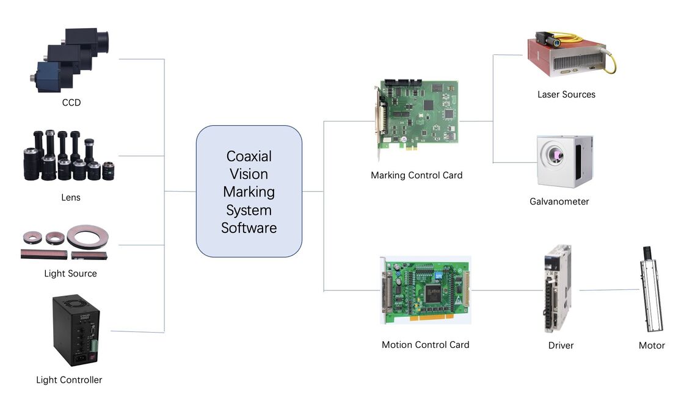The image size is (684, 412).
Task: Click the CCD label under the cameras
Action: (x=71, y=103)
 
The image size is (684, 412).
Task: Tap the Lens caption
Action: (x=71, y=197)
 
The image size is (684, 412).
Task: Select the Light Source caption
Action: (x=70, y=273)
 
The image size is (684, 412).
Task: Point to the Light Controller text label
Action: (x=69, y=380)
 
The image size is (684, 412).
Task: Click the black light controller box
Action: (x=76, y=330)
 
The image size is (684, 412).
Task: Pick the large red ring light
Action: (x=88, y=234)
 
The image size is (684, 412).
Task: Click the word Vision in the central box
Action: (x=249, y=174)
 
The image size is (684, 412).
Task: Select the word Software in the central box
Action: (x=249, y=228)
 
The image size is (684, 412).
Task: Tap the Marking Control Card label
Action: (x=417, y=175)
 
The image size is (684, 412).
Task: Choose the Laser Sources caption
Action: (x=566, y=94)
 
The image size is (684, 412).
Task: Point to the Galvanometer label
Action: (x=559, y=201)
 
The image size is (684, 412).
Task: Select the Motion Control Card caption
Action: (x=425, y=344)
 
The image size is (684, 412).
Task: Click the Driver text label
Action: (x=561, y=345)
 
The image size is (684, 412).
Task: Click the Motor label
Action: (x=652, y=345)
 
